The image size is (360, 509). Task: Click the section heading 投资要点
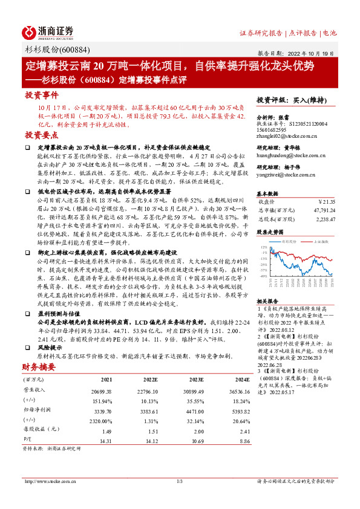(42, 135)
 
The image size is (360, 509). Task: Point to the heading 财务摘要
(39, 367)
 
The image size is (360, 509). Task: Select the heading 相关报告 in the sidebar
(269, 301)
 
